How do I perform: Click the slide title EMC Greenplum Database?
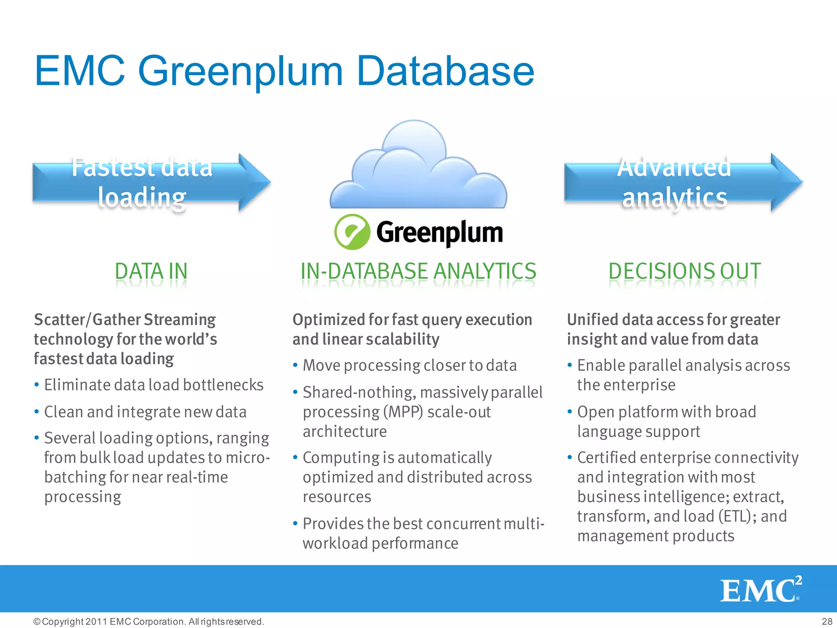click(x=284, y=71)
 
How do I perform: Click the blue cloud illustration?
click(x=418, y=168)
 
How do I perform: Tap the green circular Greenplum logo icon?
click(x=352, y=232)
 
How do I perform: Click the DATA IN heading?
click(x=151, y=271)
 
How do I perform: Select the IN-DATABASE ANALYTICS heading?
click(x=418, y=271)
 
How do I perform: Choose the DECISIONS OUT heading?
click(x=685, y=271)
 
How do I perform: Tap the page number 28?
click(x=827, y=621)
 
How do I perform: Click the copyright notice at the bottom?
click(x=149, y=621)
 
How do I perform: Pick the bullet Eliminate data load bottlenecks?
click(x=154, y=385)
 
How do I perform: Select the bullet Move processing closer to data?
click(x=410, y=366)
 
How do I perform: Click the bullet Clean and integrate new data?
click(x=145, y=412)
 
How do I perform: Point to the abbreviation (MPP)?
click(x=403, y=412)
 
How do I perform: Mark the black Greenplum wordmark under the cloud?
click(x=439, y=232)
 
